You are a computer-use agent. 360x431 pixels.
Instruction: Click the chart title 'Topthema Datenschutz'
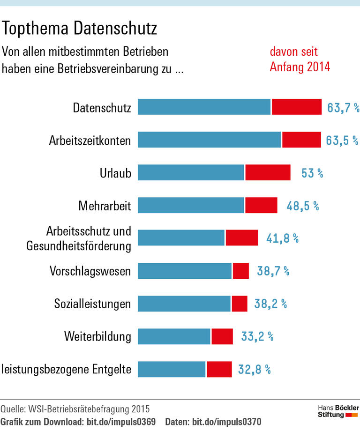(x=80, y=29)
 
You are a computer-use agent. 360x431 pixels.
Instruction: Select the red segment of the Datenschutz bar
(x=296, y=107)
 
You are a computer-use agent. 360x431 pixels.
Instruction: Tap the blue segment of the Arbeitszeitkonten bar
(x=209, y=140)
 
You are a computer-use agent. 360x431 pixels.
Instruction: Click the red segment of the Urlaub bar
(x=268, y=172)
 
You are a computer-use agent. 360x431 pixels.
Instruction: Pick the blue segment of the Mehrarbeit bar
(x=191, y=205)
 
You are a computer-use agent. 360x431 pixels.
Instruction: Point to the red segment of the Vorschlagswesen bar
(x=241, y=271)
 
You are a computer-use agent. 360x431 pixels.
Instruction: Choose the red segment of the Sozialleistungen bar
(x=240, y=304)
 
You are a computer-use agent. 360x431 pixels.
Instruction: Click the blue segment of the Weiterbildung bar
(x=174, y=336)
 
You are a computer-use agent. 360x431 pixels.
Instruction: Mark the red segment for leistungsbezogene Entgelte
(x=219, y=369)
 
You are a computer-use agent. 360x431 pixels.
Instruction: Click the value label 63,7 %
(x=343, y=108)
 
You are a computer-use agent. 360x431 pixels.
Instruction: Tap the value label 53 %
(x=312, y=173)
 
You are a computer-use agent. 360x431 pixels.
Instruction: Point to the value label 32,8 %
(x=255, y=370)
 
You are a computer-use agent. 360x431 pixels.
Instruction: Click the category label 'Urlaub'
(x=115, y=173)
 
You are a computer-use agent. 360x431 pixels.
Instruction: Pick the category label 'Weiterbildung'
(x=97, y=337)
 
